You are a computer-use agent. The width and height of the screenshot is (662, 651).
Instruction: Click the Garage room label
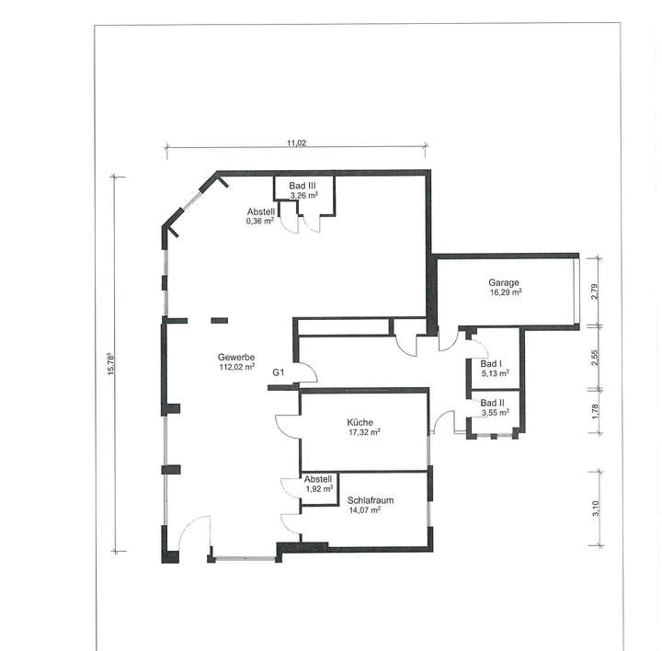(x=505, y=282)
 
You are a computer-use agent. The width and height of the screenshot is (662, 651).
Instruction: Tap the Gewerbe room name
(x=236, y=357)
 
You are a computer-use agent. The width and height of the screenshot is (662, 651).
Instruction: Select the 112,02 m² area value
(x=236, y=367)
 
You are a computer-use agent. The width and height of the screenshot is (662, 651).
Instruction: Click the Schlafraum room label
(x=371, y=500)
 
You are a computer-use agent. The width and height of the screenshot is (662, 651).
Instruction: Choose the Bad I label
(x=492, y=364)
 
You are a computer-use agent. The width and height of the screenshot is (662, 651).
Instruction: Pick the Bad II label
(x=493, y=403)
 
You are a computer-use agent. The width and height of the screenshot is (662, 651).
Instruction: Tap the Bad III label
(x=302, y=186)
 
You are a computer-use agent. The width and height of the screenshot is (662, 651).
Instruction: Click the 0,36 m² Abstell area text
(x=261, y=221)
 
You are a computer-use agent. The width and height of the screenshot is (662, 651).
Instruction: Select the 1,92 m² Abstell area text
(x=318, y=489)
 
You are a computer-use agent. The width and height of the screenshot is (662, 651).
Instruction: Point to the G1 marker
(x=279, y=372)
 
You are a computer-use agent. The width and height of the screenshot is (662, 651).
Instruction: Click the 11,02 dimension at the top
(x=296, y=143)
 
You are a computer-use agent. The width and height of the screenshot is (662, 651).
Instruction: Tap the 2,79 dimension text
(x=595, y=291)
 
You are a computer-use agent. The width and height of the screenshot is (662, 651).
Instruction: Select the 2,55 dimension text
(x=595, y=358)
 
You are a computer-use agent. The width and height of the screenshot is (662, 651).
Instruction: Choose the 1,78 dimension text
(x=595, y=412)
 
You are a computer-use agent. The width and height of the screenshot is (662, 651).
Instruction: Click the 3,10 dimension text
(x=595, y=508)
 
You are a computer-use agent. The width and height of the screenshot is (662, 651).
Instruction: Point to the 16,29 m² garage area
(x=505, y=292)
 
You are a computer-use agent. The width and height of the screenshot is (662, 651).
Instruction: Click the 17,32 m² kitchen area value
(x=364, y=432)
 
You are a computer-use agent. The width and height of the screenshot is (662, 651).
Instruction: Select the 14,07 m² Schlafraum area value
(x=364, y=509)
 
